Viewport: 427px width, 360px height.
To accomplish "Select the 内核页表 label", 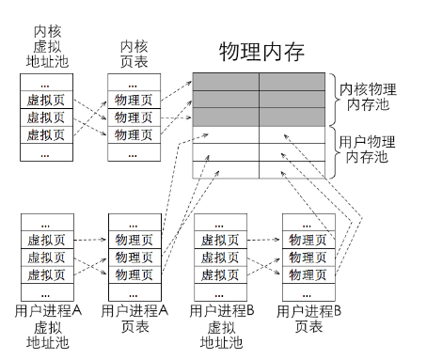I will pyautogui.click(x=133, y=55).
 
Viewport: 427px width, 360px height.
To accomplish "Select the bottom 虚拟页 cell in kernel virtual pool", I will pyautogui.click(x=46, y=134).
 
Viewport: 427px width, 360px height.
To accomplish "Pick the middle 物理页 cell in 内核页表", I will pyautogui.click(x=133, y=117).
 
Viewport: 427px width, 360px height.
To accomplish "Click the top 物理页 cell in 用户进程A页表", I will pyautogui.click(x=133, y=240).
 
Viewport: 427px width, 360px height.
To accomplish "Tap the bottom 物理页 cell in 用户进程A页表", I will pyautogui.click(x=133, y=274).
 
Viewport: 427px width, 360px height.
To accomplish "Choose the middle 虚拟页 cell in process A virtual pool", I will pyautogui.click(x=46, y=258).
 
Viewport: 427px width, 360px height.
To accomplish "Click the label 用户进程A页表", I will pyautogui.click(x=134, y=318).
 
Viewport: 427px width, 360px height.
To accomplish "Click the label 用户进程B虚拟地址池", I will pyautogui.click(x=220, y=325).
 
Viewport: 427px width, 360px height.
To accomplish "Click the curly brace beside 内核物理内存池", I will pyautogui.click(x=331, y=99).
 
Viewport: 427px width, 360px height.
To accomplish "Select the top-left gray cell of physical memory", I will pyautogui.click(x=226, y=82).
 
